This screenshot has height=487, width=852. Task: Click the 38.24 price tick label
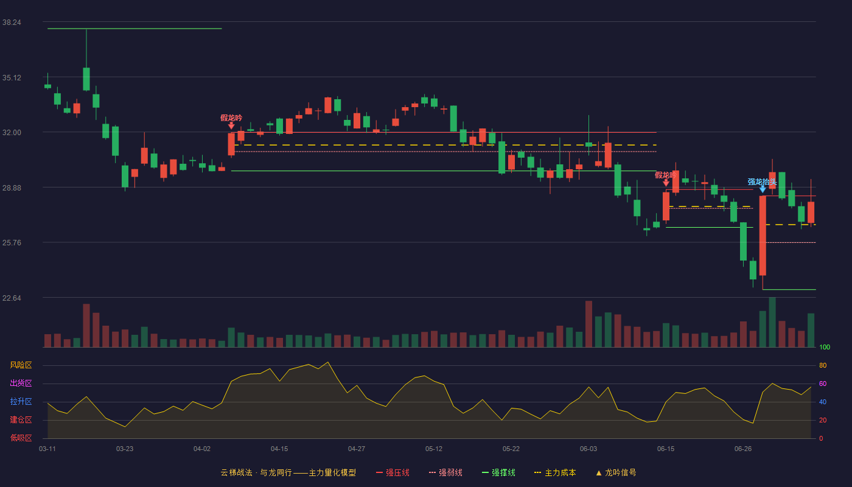click(x=12, y=23)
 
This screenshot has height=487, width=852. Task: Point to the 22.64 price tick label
click(x=12, y=298)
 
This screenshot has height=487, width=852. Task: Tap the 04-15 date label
click(x=279, y=449)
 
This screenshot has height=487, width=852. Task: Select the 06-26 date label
click(x=743, y=449)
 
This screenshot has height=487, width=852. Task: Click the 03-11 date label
click(x=47, y=449)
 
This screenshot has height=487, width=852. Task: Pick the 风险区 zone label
click(x=21, y=365)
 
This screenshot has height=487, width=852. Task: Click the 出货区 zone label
click(x=21, y=383)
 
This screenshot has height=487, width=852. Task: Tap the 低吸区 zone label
click(x=21, y=438)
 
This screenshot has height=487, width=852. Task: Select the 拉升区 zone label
click(x=21, y=401)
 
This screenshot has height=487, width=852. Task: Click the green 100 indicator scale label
click(x=825, y=347)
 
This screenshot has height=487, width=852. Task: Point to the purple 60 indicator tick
click(x=823, y=384)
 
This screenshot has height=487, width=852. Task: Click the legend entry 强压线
click(x=393, y=472)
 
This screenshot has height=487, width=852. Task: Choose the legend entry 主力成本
click(x=555, y=472)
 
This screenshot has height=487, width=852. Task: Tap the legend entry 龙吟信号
click(x=616, y=472)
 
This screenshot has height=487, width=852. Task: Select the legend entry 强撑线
click(x=498, y=472)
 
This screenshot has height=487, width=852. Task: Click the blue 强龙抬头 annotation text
click(x=762, y=182)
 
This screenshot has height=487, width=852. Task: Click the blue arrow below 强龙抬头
click(x=763, y=189)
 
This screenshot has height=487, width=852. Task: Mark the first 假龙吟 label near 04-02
click(x=231, y=118)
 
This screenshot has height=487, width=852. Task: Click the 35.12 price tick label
click(x=12, y=78)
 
